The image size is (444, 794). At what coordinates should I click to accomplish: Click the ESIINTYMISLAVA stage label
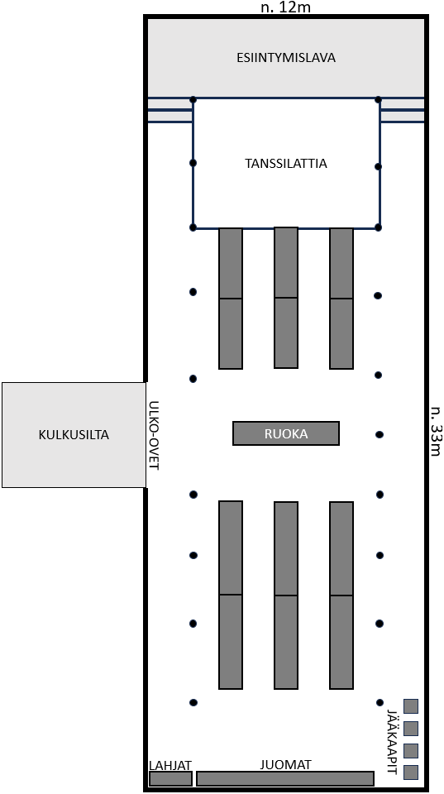286,58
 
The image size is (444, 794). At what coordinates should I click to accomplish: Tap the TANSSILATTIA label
286,164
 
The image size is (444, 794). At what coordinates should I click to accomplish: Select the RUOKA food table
286,433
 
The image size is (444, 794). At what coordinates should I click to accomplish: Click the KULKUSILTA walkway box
74,435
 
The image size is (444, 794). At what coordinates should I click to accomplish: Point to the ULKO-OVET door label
155,436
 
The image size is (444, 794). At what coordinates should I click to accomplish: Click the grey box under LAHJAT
170,778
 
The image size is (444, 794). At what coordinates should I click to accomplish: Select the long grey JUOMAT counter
285,778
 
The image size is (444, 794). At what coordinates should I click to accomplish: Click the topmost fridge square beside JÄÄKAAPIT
411,706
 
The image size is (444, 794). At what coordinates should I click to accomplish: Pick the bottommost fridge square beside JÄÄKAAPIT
411,772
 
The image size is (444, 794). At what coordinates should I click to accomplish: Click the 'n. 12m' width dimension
285,7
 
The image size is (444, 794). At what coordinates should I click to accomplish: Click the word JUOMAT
285,764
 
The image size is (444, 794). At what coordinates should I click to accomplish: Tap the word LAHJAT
170,765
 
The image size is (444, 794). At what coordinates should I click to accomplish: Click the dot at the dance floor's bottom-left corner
193,228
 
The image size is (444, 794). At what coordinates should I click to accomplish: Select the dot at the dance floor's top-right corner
378,100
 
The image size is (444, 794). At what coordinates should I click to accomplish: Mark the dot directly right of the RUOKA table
380,434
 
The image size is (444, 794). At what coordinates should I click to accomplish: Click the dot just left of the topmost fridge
380,702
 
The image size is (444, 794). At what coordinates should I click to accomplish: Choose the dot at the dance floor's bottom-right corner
378,228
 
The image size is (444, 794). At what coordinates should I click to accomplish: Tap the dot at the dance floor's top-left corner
193,100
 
